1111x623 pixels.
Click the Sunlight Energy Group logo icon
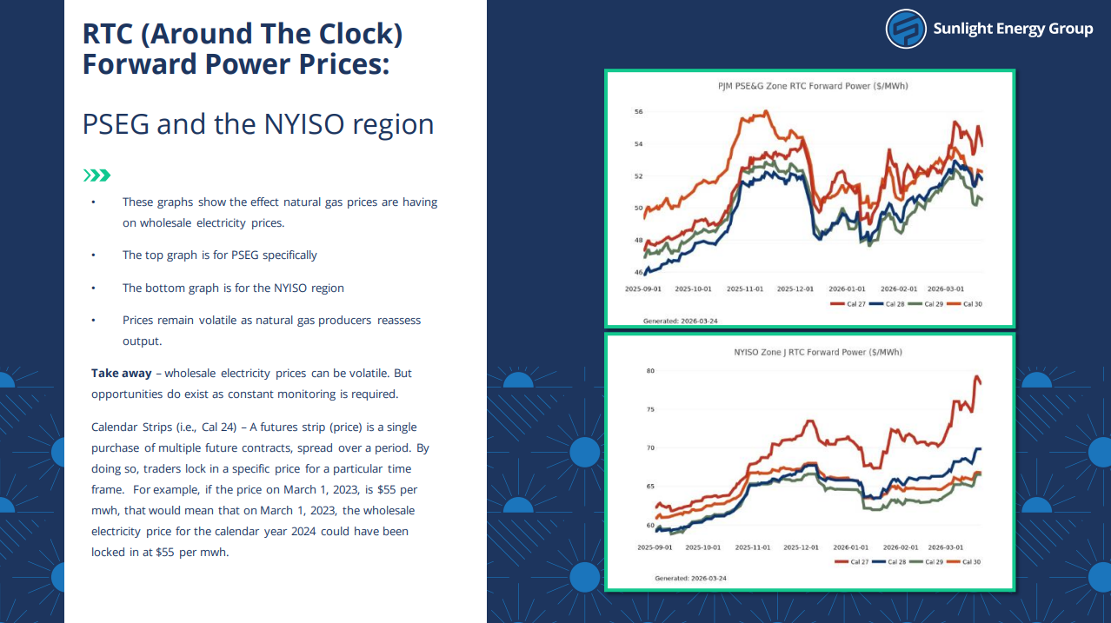pyautogui.click(x=906, y=29)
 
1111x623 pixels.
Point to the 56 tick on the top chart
pyautogui.click(x=638, y=112)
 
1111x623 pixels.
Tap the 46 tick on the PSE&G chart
pyautogui.click(x=638, y=273)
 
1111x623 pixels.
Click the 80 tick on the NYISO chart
pyautogui.click(x=650, y=371)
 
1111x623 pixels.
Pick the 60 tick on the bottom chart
pyautogui.click(x=650, y=526)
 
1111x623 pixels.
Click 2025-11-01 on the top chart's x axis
pyautogui.click(x=745, y=288)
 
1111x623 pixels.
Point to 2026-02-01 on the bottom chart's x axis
pyautogui.click(x=901, y=547)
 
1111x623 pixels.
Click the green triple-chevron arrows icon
pyautogui.click(x=96, y=176)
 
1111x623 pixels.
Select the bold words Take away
pyautogui.click(x=122, y=373)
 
